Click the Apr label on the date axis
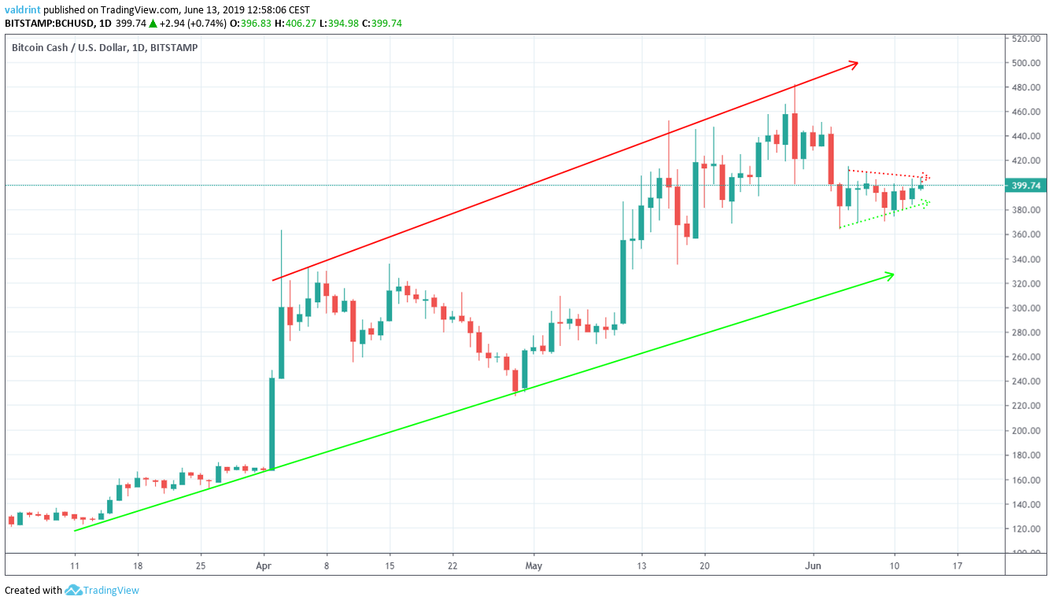[x=265, y=565]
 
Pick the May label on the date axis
[x=534, y=565]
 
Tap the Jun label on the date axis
[x=814, y=565]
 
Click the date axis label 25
[x=201, y=565]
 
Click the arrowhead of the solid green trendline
[x=892, y=274]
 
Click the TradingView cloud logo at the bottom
[x=74, y=590]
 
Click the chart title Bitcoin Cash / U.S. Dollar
[x=73, y=47]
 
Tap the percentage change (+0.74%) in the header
[x=207, y=23]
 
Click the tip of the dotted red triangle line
[x=928, y=176]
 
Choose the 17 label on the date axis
[x=957, y=565]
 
